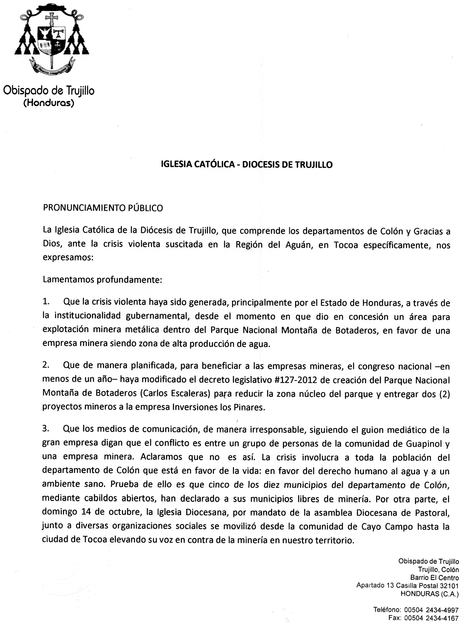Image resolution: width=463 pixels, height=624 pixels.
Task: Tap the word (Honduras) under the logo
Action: [x=49, y=103]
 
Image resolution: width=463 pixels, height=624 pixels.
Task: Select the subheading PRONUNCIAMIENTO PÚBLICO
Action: [x=103, y=208]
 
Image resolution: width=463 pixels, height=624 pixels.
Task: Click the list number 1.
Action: [x=46, y=302]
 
